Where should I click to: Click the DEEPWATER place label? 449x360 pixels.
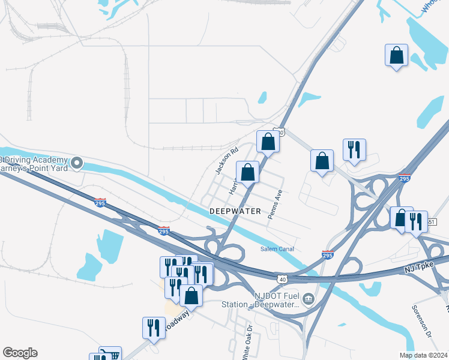pyautogui.click(x=235, y=211)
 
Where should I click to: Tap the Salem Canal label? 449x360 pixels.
pyautogui.click(x=277, y=249)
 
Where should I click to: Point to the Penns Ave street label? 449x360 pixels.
pyautogui.click(x=275, y=205)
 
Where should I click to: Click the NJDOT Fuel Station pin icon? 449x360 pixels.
pyautogui.click(x=308, y=298)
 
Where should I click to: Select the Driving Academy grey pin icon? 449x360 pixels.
pyautogui.click(x=77, y=163)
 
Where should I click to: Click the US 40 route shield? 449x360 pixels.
pyautogui.click(x=282, y=278)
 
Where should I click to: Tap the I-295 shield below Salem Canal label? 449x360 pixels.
pyautogui.click(x=328, y=254)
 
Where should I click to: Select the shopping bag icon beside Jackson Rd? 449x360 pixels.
pyautogui.click(x=247, y=172)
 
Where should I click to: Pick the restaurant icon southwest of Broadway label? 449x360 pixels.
pyautogui.click(x=153, y=328)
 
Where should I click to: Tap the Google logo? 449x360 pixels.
pyautogui.click(x=20, y=353)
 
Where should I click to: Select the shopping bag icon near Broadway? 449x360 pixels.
pyautogui.click(x=191, y=295)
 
